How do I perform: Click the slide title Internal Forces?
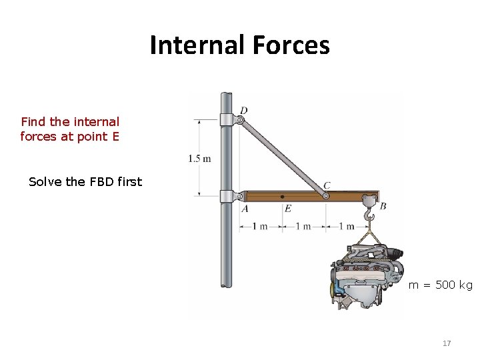[239, 45]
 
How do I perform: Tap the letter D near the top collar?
[244, 110]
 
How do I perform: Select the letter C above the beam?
[327, 185]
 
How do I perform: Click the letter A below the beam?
[245, 208]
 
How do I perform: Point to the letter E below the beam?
[287, 208]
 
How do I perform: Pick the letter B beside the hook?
[383, 207]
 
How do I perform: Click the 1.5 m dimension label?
[199, 159]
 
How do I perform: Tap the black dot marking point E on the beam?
[283, 197]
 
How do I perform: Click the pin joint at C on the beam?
[325, 196]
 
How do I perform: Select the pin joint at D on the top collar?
[239, 120]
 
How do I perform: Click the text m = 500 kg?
[440, 285]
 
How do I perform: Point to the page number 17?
[447, 343]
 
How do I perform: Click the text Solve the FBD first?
[85, 181]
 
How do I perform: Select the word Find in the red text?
[33, 122]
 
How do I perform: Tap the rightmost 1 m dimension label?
[346, 226]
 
